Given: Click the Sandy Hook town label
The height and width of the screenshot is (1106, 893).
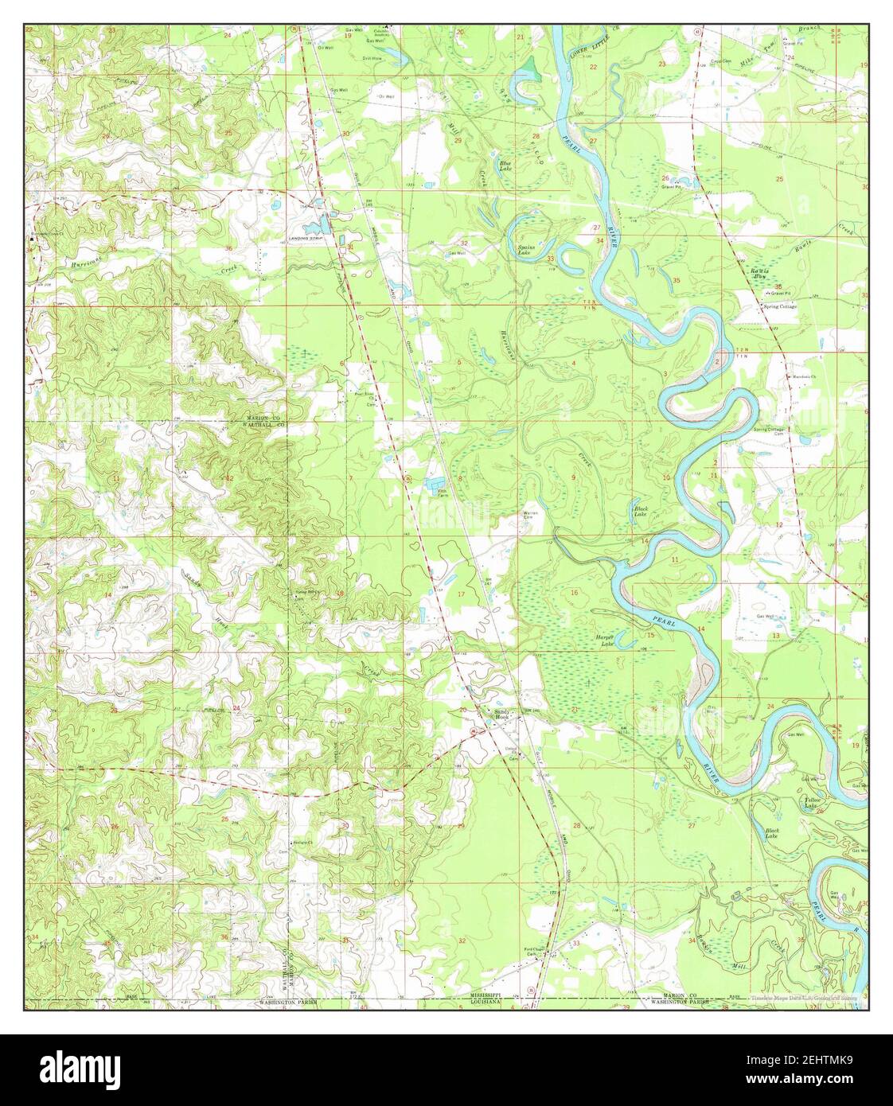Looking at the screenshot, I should pyautogui.click(x=501, y=714).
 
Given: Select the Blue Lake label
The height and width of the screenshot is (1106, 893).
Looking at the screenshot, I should pyautogui.click(x=505, y=166).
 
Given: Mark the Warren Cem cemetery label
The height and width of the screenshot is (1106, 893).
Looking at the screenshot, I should pyautogui.click(x=530, y=513).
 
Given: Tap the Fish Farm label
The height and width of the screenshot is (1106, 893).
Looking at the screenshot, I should pyautogui.click(x=443, y=494).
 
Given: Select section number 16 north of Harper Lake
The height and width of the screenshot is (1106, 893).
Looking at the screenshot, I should pyautogui.click(x=574, y=593).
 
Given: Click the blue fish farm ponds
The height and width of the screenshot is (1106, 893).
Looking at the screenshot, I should pyautogui.click(x=436, y=483).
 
